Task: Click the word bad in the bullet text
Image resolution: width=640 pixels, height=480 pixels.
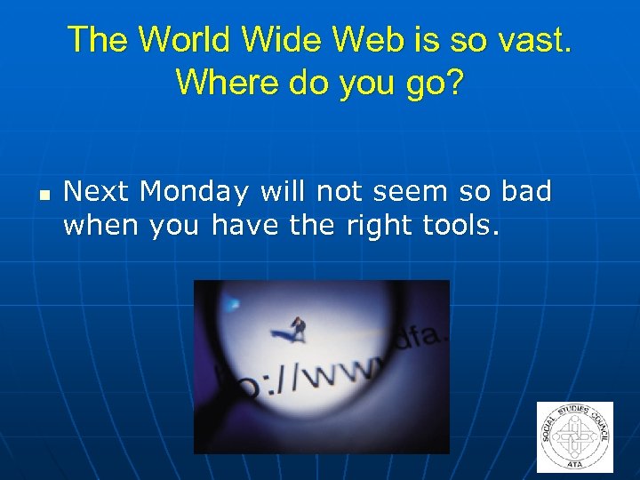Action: [526, 191]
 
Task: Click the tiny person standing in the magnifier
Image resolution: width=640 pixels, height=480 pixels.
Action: [299, 329]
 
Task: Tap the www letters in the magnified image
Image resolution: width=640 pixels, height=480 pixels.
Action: [334, 369]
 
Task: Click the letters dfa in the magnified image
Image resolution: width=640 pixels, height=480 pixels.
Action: [414, 337]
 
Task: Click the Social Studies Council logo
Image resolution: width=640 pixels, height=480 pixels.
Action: [575, 436]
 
